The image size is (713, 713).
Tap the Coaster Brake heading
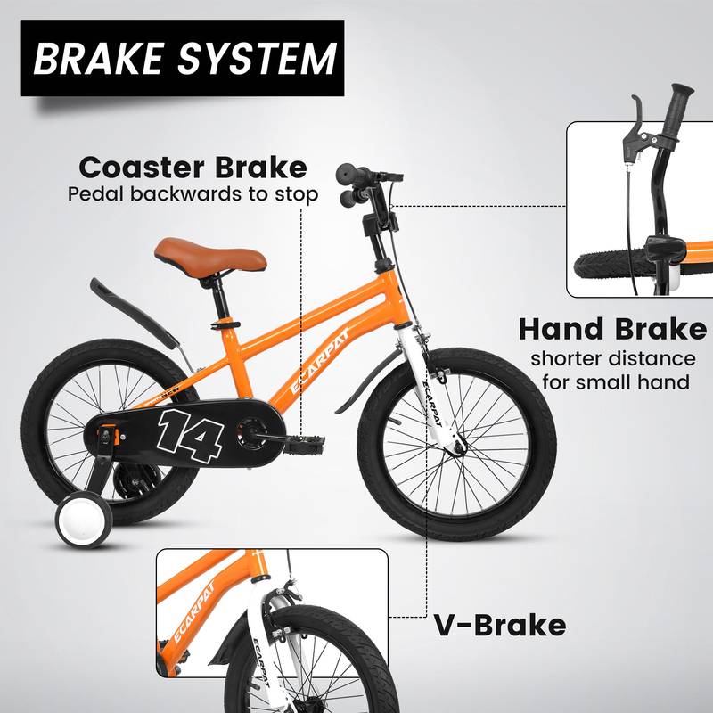point(193,167)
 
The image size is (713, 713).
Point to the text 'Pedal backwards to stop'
point(193,193)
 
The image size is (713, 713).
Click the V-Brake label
point(501,625)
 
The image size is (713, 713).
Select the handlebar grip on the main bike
point(348,175)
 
